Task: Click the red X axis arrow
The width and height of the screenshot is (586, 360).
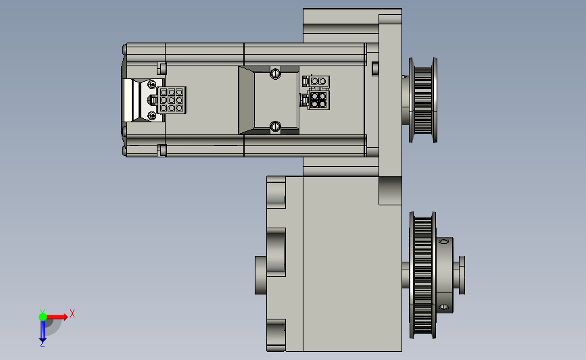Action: pyautogui.click(x=57, y=317)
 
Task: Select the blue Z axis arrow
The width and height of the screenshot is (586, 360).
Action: pyautogui.click(x=43, y=331)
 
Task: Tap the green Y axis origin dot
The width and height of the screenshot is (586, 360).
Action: pyautogui.click(x=43, y=317)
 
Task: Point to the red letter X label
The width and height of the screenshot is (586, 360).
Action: pyautogui.click(x=72, y=313)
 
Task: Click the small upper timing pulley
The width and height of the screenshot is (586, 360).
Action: pyautogui.click(x=423, y=100)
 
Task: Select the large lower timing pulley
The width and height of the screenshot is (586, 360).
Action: pyautogui.click(x=422, y=275)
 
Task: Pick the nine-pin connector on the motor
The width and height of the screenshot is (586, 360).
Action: pyautogui.click(x=172, y=100)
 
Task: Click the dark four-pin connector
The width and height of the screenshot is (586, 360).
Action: pyautogui.click(x=318, y=100)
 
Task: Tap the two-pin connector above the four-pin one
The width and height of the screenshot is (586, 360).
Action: pyautogui.click(x=318, y=81)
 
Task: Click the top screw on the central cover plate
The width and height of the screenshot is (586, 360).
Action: pyautogui.click(x=275, y=73)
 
